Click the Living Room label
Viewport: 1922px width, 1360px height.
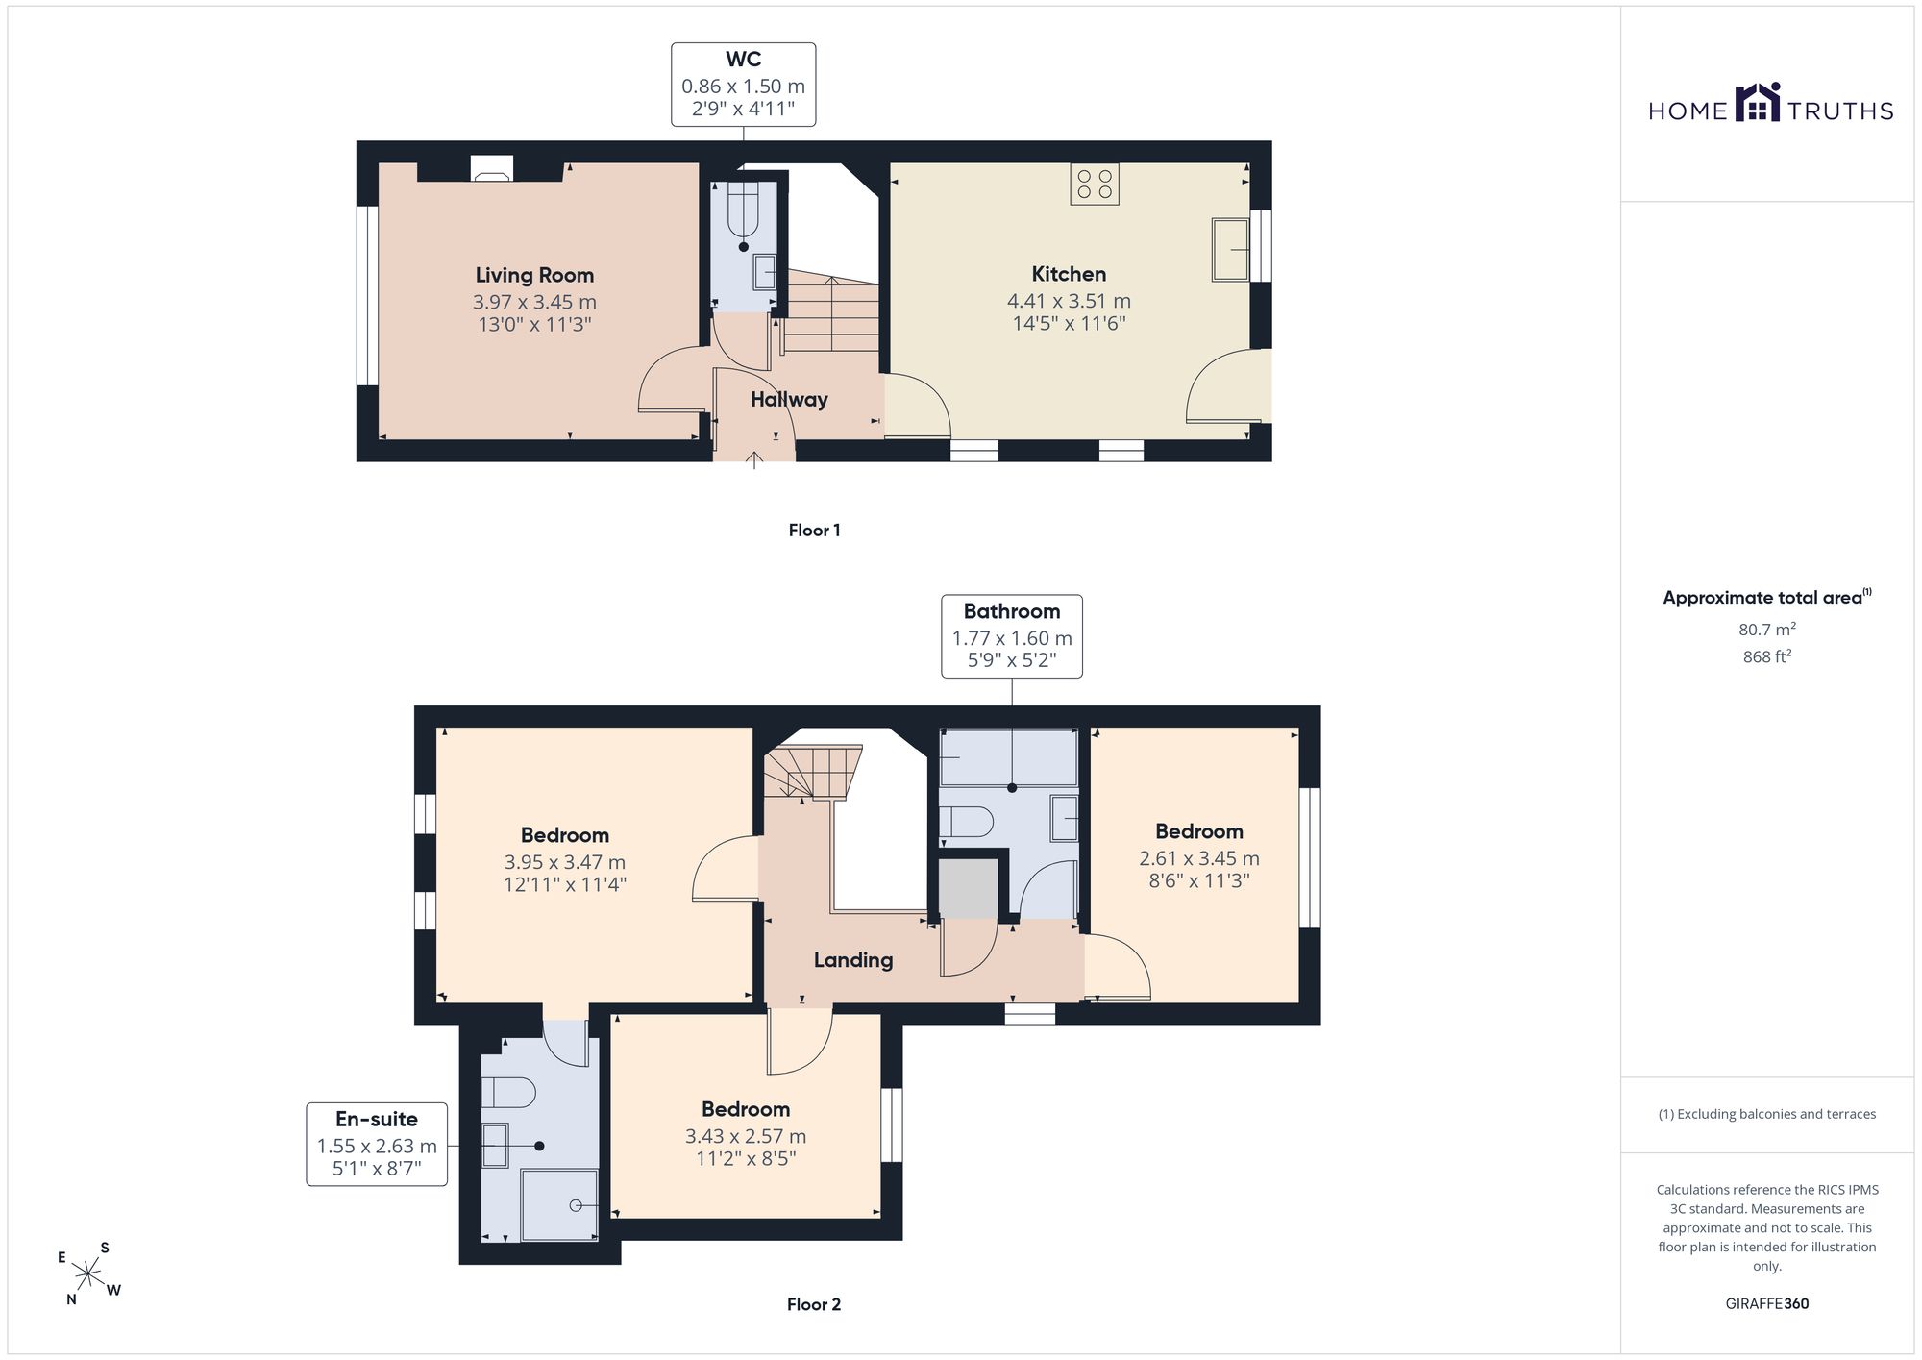point(534,276)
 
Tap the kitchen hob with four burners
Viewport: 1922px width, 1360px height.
point(1095,185)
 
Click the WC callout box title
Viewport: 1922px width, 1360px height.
point(744,60)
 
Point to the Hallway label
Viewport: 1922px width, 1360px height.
point(789,400)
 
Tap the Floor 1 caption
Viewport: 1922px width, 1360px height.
point(815,531)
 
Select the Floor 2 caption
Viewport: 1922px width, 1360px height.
point(814,1304)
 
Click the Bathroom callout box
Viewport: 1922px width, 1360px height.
point(1012,636)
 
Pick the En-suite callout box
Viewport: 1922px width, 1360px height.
point(377,1144)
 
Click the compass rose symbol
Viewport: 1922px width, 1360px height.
point(88,1274)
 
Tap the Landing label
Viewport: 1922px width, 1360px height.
point(853,960)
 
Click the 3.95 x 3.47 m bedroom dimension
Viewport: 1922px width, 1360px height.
point(565,863)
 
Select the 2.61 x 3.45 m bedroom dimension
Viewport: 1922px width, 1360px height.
point(1199,859)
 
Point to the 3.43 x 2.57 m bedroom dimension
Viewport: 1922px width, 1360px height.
point(746,1137)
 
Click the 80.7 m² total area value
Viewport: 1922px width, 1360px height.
point(1767,630)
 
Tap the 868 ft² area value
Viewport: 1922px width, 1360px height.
point(1767,657)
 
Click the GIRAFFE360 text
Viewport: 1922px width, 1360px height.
point(1767,1304)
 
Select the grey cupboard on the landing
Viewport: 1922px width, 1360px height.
point(969,889)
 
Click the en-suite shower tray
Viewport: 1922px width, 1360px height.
point(559,1205)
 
